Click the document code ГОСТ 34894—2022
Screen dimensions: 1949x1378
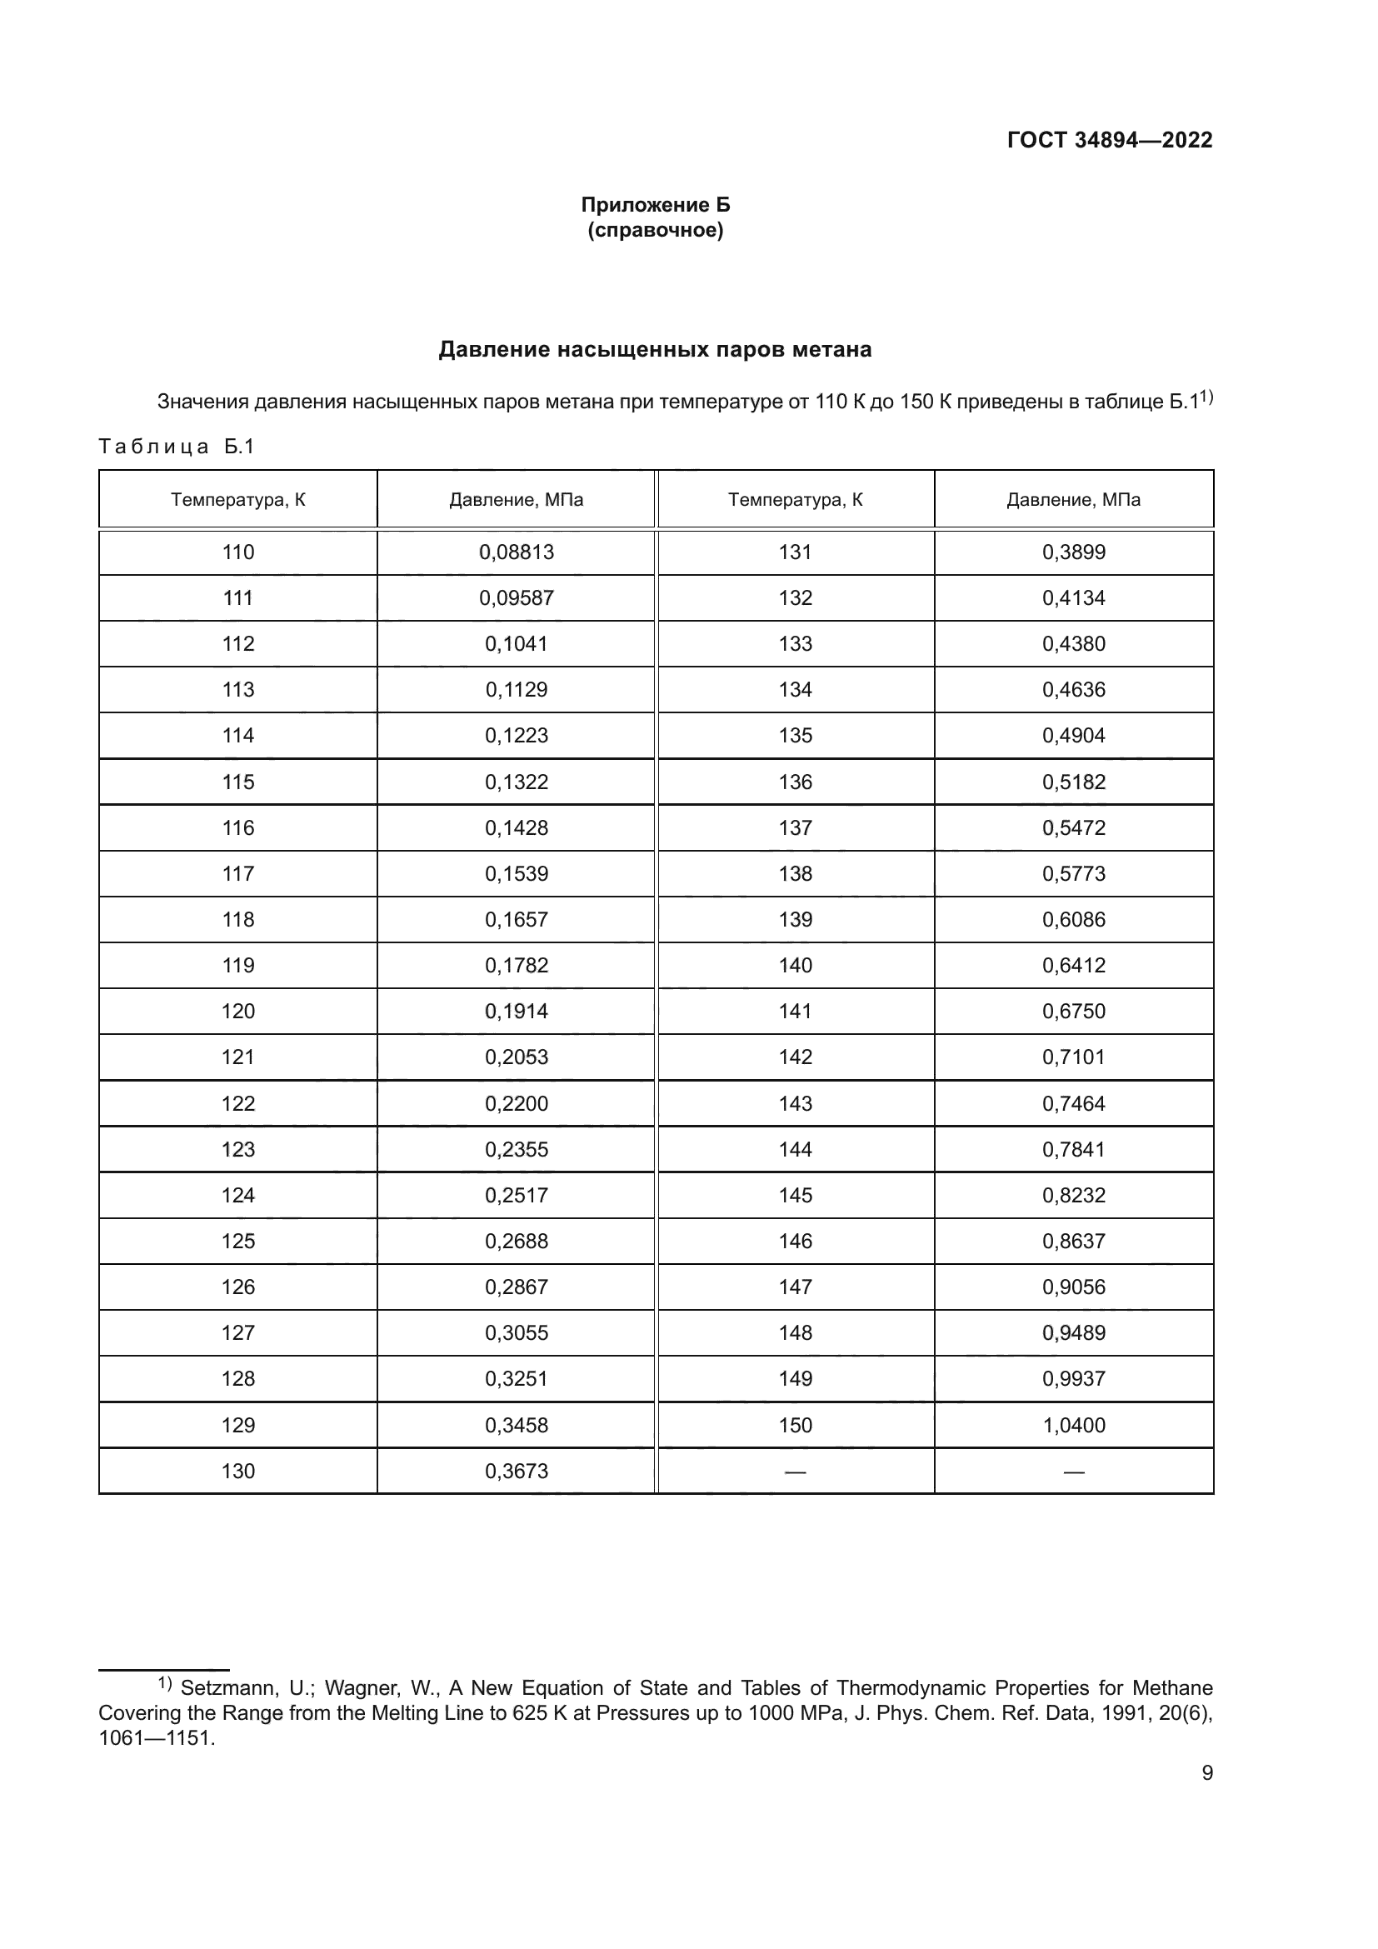1109,140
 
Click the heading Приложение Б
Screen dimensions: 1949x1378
655,205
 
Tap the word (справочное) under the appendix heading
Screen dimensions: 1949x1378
655,230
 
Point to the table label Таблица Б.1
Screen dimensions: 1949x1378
177,447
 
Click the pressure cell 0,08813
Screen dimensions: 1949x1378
516,552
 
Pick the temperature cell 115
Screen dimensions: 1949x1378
237,782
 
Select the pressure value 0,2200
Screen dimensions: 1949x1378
516,1103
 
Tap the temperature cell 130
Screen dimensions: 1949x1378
237,1471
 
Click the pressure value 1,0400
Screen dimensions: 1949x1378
1073,1425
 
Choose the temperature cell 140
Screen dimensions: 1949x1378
795,965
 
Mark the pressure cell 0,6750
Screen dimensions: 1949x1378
1073,1011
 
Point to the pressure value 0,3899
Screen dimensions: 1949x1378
1073,552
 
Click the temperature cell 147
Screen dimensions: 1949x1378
795,1287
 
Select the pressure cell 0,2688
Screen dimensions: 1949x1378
516,1241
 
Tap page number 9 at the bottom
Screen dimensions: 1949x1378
1206,1773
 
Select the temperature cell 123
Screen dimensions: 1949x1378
237,1149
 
